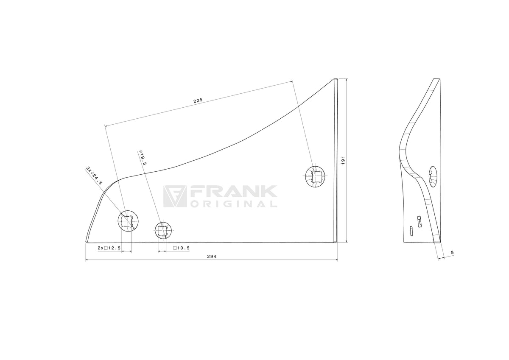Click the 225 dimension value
click(x=198, y=101)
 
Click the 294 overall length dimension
click(x=212, y=257)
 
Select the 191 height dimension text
click(x=343, y=160)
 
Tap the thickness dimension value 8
click(x=452, y=252)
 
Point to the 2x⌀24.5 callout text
click(x=94, y=176)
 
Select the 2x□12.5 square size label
click(x=109, y=248)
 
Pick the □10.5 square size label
click(x=182, y=248)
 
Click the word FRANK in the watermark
click(x=232, y=193)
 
